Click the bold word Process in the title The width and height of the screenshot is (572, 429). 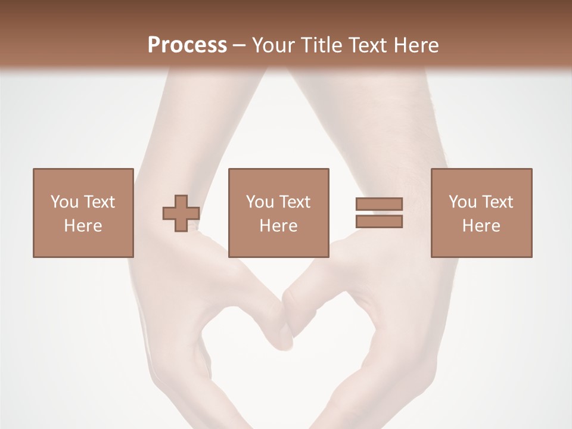[187, 45]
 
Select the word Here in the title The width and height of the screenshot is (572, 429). [416, 45]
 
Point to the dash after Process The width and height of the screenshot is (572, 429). [240, 45]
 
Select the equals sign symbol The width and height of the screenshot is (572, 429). [379, 213]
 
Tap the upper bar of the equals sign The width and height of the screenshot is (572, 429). [379, 204]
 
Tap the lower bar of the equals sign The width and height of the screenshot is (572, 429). [379, 221]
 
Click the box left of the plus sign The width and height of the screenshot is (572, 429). [83, 213]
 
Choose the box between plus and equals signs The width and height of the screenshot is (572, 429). [278, 213]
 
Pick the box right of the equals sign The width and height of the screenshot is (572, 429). [481, 213]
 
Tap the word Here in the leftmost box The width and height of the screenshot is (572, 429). [83, 226]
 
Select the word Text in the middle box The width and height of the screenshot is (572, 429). [294, 202]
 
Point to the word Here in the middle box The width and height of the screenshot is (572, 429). [278, 226]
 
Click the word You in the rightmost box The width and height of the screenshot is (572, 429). [462, 202]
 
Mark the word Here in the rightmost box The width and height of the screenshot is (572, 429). [481, 226]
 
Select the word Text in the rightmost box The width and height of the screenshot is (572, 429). [497, 202]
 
